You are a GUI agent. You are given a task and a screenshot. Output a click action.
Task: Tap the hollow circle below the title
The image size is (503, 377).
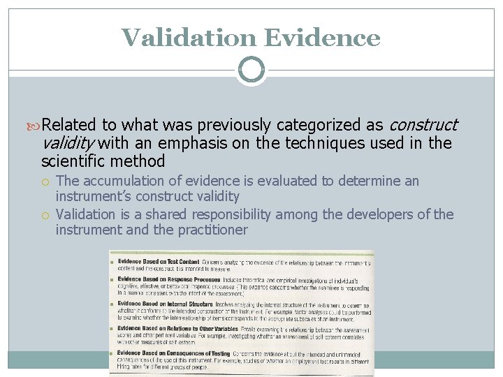point(251,70)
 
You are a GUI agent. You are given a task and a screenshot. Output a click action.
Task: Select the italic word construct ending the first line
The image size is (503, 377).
point(423,125)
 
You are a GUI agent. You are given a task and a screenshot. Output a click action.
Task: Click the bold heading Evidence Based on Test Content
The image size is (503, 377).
point(159,261)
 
